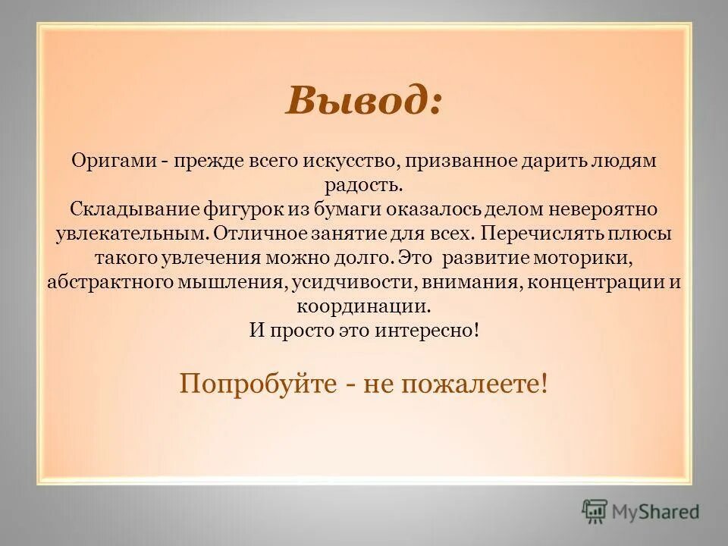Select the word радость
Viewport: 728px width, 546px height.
364,184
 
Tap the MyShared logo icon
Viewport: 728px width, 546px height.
595,510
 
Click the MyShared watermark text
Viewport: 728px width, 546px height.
657,512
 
